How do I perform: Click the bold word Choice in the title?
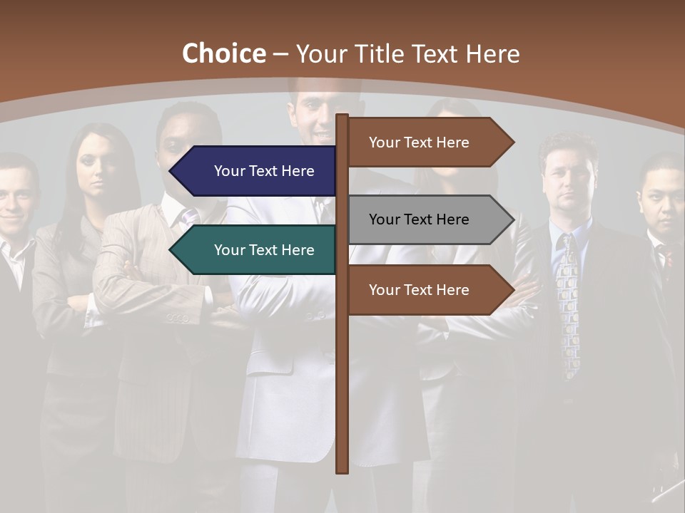point(223,53)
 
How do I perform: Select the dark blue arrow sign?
point(257,171)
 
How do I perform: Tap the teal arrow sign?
point(257,250)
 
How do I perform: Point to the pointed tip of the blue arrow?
point(171,171)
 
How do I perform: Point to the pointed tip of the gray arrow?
point(512,219)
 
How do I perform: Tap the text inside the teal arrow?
point(264,250)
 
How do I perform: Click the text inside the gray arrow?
point(419,219)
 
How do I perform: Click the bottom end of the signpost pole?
point(342,470)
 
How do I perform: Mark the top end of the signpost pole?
point(342,117)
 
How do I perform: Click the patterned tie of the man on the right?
point(569,299)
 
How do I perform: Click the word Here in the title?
point(492,53)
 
